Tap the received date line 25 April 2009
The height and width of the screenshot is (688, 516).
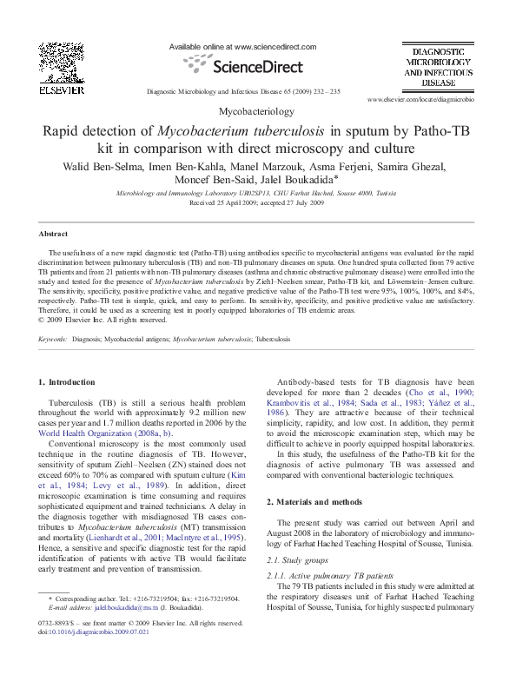[x=257, y=202]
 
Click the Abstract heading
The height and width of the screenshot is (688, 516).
[x=53, y=235]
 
